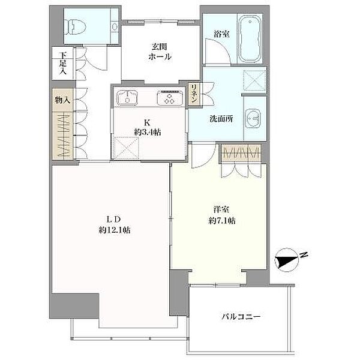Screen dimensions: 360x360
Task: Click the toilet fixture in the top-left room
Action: (75, 26)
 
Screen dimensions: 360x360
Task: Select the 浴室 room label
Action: (221, 34)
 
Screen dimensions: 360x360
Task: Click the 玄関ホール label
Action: (160, 52)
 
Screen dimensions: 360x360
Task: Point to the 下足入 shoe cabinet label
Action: (62, 63)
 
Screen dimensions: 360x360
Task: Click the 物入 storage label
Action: (62, 100)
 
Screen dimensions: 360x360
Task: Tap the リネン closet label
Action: (194, 94)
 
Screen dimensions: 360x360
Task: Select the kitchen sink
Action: (127, 98)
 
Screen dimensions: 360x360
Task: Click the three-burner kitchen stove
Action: (170, 98)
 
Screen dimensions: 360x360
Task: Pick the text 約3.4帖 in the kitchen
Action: (148, 132)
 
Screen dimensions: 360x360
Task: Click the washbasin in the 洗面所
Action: (253, 119)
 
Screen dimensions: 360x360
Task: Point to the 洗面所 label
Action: (221, 119)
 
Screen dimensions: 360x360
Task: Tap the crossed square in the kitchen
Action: (126, 148)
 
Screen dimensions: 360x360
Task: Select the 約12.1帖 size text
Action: (115, 230)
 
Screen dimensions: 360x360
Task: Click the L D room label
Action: (114, 219)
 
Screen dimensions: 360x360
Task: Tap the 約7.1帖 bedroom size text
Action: (222, 221)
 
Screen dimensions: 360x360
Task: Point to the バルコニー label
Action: (241, 317)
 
